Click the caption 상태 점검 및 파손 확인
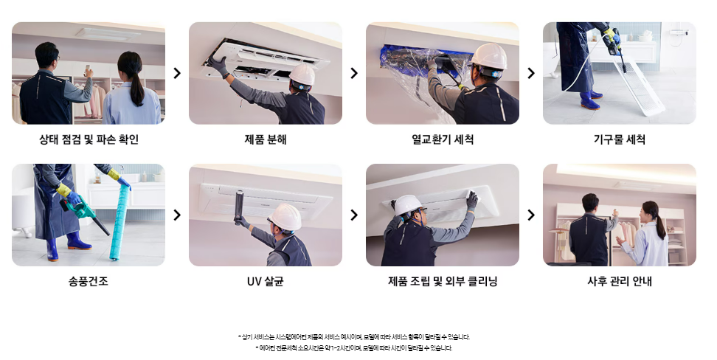pos(89,139)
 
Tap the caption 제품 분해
pos(266,139)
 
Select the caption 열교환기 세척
pos(442,139)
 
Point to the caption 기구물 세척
pos(619,139)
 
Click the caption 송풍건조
pos(89,281)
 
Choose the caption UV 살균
pos(266,281)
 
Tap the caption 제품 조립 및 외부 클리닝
pos(442,281)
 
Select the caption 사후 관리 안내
pos(619,281)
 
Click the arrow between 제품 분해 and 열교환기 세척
pos(354,73)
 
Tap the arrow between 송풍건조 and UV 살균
pos(177,215)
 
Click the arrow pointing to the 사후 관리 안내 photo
pos(531,215)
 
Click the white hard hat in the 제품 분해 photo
pos(302,75)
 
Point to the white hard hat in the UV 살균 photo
pos(285,217)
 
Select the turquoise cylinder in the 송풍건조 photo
pos(119,223)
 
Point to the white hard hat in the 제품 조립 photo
pos(407,204)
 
